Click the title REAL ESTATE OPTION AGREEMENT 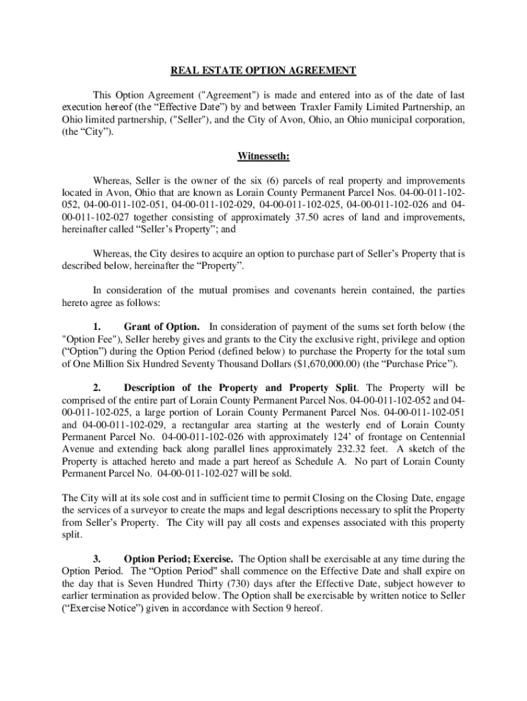coord(263,71)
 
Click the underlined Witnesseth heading coord(263,156)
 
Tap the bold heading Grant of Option coord(162,326)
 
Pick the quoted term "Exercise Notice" coord(105,609)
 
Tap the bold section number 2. coord(97,388)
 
